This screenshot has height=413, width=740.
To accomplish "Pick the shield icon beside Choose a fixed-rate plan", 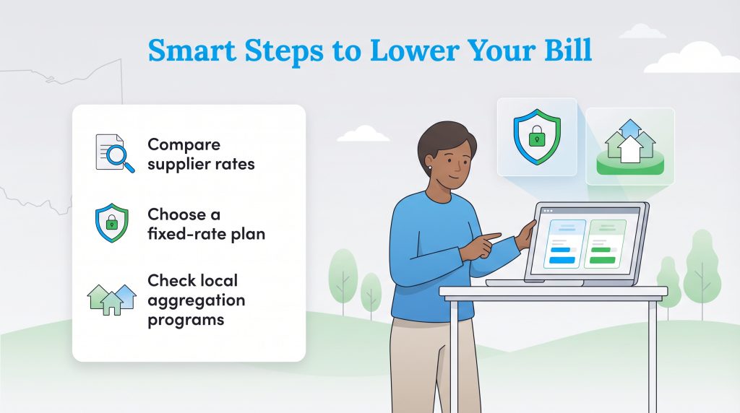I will pyautogui.click(x=111, y=223).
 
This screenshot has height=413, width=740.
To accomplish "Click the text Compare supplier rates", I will pyautogui.click(x=201, y=155).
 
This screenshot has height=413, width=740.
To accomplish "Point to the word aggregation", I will pyautogui.click(x=196, y=300).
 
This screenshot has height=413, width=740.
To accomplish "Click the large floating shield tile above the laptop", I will pyautogui.click(x=536, y=137).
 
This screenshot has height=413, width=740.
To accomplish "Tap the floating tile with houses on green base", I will pyautogui.click(x=629, y=147).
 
